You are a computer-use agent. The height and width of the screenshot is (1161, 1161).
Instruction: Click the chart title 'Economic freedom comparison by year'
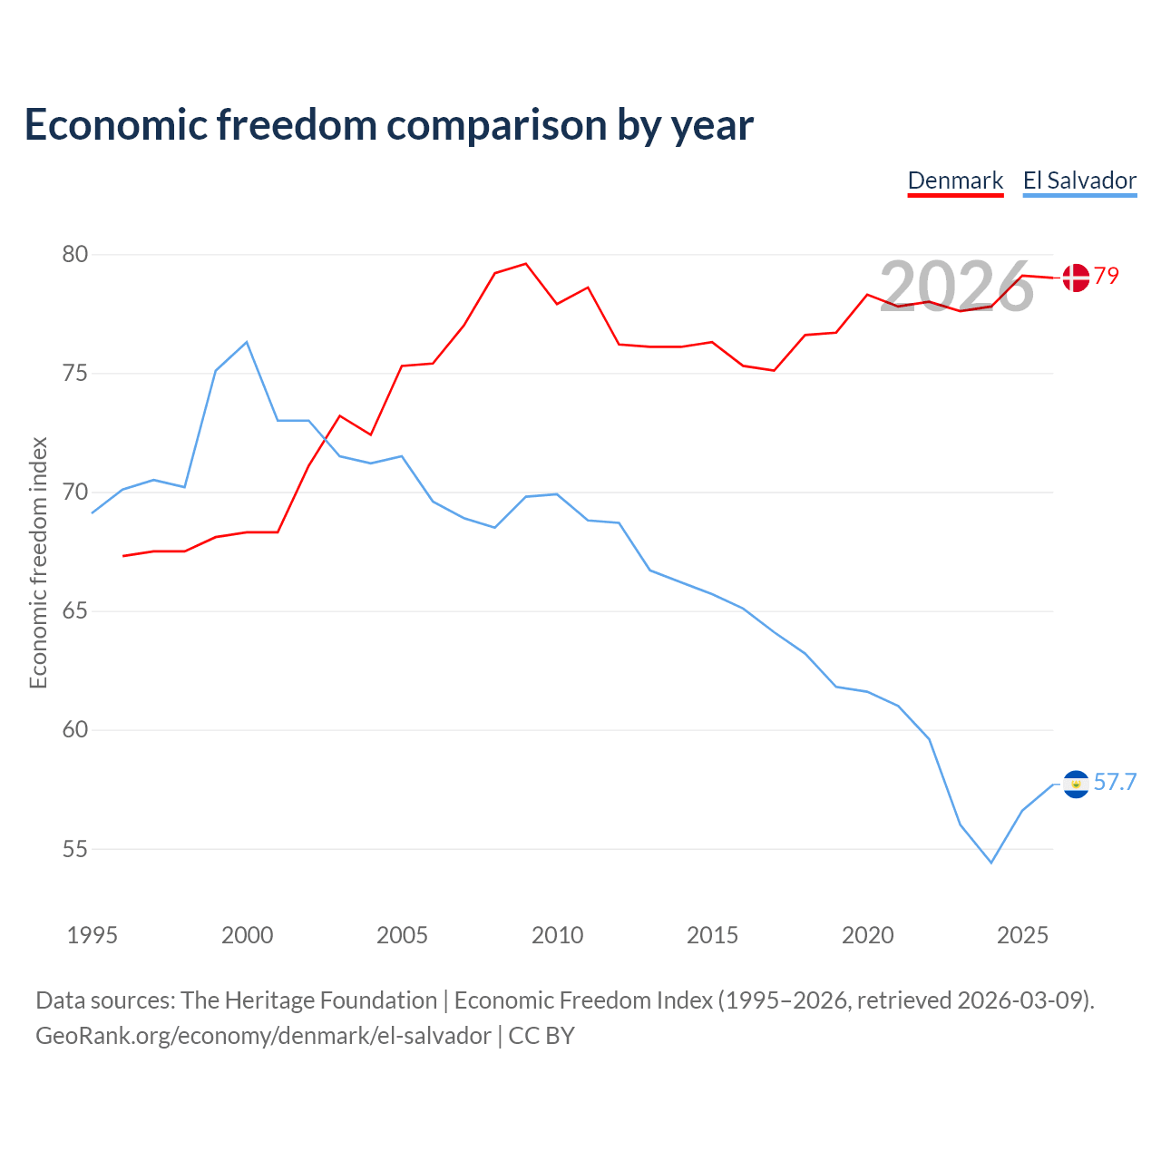click(389, 125)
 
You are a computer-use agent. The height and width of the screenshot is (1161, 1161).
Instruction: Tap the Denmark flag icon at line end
click(1076, 278)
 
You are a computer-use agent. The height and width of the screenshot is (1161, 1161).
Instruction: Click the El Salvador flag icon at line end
click(1076, 785)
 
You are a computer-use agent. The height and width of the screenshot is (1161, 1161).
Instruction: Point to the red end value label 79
click(1107, 276)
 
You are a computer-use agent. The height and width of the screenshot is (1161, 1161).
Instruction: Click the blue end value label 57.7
click(1115, 782)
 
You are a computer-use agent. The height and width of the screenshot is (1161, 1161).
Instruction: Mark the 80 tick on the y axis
click(74, 254)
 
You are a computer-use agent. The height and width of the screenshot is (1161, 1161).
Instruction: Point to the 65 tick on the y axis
click(74, 611)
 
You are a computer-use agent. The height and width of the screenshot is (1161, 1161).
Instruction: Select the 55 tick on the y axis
click(74, 849)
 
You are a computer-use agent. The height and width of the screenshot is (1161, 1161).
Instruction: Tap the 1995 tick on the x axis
click(93, 935)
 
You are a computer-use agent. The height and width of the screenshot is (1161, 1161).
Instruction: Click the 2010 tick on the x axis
click(557, 935)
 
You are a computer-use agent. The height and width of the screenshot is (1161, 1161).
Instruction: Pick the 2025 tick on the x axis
click(1022, 935)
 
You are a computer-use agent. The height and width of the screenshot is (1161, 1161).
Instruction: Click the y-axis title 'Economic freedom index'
click(38, 562)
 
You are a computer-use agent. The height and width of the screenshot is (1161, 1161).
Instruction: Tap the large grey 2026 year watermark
click(957, 286)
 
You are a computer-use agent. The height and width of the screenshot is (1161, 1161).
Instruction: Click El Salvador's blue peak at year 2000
click(247, 342)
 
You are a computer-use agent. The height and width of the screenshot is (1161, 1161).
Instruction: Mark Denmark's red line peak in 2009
click(525, 264)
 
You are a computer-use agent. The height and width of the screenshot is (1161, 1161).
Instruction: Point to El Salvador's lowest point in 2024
click(991, 863)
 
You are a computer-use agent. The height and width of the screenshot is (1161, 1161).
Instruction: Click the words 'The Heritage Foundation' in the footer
click(309, 1000)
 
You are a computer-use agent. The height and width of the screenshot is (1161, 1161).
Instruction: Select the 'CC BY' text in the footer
click(541, 1036)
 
